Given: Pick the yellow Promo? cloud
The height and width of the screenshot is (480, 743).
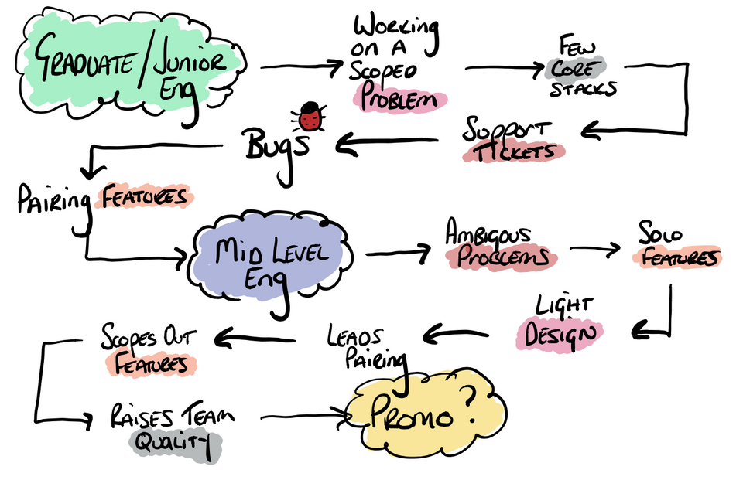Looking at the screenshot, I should point(418,409).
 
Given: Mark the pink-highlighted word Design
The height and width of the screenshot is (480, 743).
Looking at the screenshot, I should point(560,335).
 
